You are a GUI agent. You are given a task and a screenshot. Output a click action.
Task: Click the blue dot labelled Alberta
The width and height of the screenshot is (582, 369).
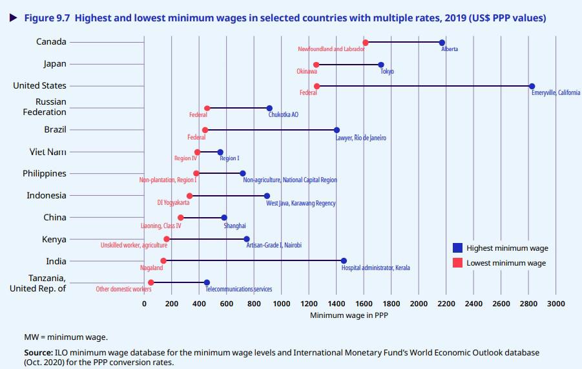coord(442,43)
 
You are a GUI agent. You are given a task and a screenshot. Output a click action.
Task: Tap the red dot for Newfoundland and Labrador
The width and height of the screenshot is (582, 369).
coord(366,43)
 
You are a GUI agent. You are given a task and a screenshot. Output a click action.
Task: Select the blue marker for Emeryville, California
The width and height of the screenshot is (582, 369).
coord(532,86)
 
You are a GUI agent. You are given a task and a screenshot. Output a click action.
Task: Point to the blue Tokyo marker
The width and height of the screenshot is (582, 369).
coord(381,65)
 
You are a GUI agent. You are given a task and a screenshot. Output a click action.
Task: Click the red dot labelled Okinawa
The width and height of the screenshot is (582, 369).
coord(316,65)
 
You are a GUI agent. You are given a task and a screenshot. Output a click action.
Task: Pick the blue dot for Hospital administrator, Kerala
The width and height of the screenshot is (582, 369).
coord(344,261)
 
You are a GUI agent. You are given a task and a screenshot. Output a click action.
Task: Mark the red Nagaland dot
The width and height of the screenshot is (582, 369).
coord(163,261)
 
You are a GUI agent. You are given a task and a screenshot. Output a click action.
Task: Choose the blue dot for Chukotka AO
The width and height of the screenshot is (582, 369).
coord(269,109)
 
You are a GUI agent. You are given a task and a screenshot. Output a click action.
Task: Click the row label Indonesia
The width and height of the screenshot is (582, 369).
coord(47,195)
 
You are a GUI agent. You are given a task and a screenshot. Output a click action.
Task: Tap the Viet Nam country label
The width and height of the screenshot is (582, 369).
coord(48,152)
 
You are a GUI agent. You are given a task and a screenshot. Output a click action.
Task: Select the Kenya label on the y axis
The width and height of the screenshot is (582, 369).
coord(54,239)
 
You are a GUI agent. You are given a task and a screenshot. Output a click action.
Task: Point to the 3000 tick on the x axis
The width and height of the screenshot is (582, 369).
coord(556,303)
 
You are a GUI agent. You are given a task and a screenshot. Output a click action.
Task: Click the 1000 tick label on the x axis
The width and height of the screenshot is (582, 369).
coord(281,303)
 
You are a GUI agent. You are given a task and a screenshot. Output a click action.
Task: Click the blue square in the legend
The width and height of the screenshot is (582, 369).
coord(457,248)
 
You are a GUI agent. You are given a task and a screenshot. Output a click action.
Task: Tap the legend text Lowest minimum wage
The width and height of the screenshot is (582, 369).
coord(506,263)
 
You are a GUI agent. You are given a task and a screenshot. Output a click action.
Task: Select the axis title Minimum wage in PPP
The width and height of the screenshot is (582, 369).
coord(349,315)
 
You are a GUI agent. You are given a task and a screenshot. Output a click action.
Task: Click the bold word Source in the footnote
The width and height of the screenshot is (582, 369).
coord(37,353)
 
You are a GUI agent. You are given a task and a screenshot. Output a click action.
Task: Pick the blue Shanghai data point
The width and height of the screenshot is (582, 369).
coord(224,218)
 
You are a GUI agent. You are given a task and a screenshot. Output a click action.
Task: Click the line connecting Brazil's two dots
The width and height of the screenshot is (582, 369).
coord(271,130)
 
